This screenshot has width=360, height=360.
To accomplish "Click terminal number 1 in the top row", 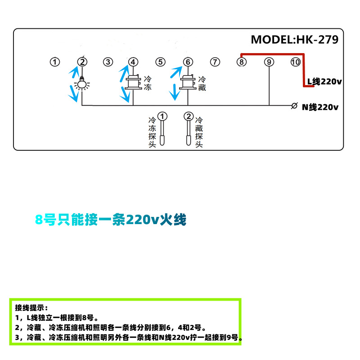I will (x=55, y=62).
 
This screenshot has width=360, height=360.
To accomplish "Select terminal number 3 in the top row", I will (x=108, y=62).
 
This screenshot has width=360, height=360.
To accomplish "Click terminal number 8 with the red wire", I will (x=242, y=62).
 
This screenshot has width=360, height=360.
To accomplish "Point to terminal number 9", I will (x=269, y=62).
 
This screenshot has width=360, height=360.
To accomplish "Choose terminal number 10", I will (x=295, y=62).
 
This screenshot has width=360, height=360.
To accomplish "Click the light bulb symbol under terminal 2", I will (x=82, y=83).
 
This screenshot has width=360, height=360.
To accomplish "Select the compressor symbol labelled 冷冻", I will (x=133, y=83).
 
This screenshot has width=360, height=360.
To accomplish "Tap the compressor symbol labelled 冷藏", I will (x=188, y=83).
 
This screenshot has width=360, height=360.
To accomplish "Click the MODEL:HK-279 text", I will (x=294, y=40).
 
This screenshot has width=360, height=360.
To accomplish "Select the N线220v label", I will (x=320, y=107).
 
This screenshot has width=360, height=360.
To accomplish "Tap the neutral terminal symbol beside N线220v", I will (x=294, y=106).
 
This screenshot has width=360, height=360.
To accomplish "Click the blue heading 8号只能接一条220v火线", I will (x=111, y=220).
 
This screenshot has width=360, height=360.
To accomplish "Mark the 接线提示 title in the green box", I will (x=31, y=308).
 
